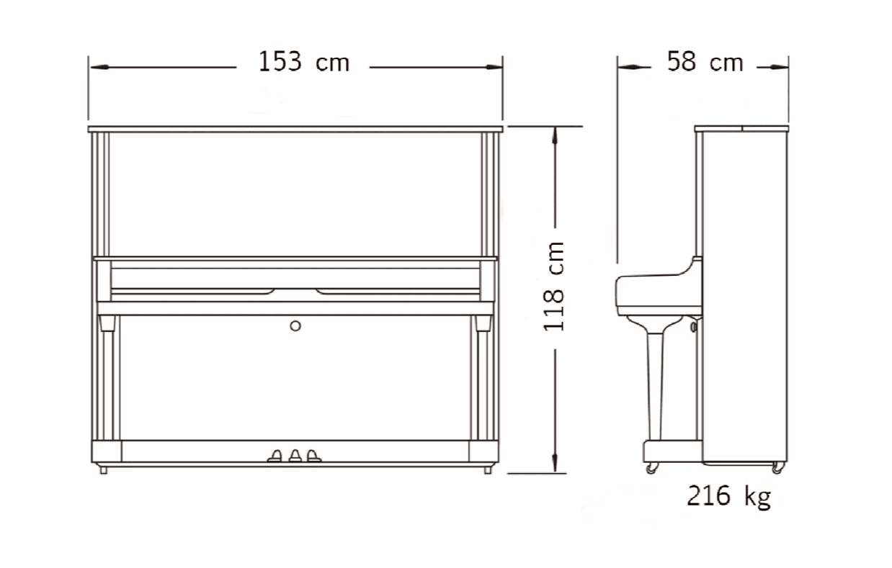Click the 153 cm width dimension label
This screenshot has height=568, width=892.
303,63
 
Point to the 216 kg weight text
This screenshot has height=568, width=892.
728,496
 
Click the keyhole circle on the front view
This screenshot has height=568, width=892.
295,326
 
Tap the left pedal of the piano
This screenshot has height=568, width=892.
276,455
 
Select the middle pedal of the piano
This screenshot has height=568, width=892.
295,455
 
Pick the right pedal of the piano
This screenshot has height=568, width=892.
313,455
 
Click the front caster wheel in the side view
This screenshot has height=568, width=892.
652,468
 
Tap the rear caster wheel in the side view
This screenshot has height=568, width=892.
777,468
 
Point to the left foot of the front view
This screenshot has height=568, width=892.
104,469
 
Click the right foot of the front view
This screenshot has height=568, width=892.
489,469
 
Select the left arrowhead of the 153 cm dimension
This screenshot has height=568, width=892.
98,67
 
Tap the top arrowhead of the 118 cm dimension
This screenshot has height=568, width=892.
555,135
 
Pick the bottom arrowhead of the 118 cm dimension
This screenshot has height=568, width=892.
555,464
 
